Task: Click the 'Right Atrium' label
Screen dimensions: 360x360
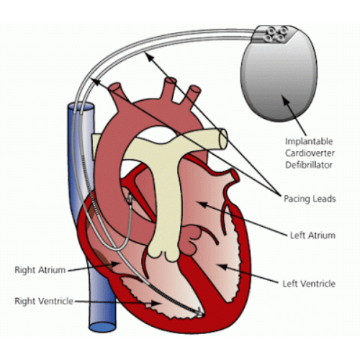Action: point(40,270)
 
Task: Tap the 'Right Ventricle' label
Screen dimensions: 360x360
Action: point(44,301)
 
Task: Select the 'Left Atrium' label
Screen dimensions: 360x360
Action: point(312,235)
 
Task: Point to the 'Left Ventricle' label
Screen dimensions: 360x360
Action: point(309,284)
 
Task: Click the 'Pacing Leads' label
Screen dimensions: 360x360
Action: point(310,199)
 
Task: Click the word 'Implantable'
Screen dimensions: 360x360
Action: point(309,141)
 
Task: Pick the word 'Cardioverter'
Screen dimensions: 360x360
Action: point(310,153)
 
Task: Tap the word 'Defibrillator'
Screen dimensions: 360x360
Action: point(309,165)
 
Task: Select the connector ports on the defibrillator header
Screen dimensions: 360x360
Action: point(276,35)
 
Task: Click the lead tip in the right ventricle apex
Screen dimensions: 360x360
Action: point(199,312)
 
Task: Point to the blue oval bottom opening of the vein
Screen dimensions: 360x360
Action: point(102,327)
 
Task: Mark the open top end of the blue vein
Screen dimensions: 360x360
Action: point(81,107)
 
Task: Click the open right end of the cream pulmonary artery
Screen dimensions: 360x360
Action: point(223,138)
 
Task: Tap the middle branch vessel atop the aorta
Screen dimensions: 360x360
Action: point(170,90)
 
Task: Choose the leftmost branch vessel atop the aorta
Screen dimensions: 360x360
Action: point(117,92)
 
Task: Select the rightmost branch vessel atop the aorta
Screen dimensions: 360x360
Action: point(193,94)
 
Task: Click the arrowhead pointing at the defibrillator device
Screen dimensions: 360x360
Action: point(287,100)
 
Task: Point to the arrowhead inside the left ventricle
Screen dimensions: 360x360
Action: point(222,266)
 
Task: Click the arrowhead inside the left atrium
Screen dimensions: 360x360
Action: point(202,204)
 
